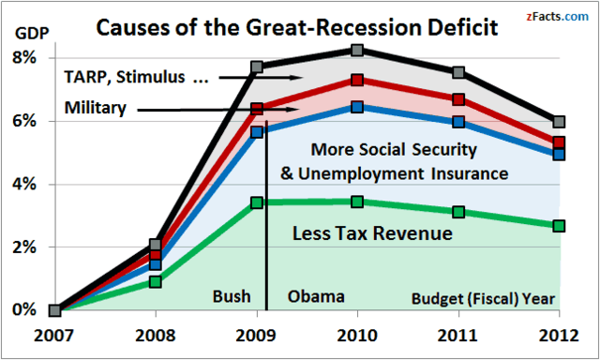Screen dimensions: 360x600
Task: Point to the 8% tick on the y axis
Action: pyautogui.click(x=24, y=58)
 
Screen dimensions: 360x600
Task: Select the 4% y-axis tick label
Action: pyautogui.click(x=24, y=185)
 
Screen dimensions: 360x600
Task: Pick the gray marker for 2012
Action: pyautogui.click(x=560, y=122)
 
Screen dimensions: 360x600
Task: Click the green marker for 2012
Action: pyautogui.click(x=560, y=226)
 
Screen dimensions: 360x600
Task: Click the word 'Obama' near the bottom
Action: pyautogui.click(x=316, y=296)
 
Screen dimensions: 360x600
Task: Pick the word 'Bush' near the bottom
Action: pyautogui.click(x=231, y=296)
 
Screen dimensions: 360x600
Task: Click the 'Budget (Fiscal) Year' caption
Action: pyautogui.click(x=485, y=300)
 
